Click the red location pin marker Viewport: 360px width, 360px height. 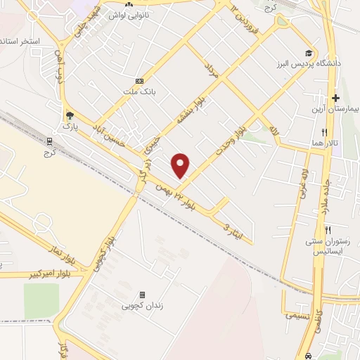point(181,165)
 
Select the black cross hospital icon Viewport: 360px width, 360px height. point(336,98)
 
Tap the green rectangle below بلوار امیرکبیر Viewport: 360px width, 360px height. point(41,301)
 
